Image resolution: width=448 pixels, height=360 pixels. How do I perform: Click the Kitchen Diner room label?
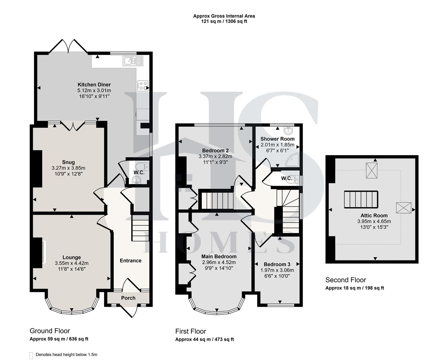(94, 85)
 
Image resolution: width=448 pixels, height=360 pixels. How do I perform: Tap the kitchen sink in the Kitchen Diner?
(132, 61)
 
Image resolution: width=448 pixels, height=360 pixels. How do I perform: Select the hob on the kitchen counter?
(142, 86)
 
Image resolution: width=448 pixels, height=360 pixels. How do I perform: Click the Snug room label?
(68, 162)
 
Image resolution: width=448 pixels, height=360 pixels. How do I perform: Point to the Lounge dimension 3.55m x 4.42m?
(72, 263)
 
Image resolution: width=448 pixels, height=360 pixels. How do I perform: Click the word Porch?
(128, 298)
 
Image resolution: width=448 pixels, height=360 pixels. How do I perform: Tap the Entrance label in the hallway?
(130, 261)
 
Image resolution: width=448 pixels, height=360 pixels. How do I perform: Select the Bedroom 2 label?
(215, 150)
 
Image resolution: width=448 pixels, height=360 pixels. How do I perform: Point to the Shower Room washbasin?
(287, 129)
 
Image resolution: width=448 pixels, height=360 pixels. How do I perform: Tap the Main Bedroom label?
(219, 256)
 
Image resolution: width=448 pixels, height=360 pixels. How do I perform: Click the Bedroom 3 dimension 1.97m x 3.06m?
(277, 270)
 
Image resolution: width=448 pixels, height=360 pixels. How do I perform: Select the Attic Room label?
(374, 215)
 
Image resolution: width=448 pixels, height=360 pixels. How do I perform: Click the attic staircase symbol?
(361, 199)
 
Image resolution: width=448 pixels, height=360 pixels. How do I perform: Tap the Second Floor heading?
(346, 280)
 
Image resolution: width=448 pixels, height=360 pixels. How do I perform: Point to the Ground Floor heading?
(50, 331)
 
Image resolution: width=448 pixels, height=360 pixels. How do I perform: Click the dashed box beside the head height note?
(31, 355)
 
